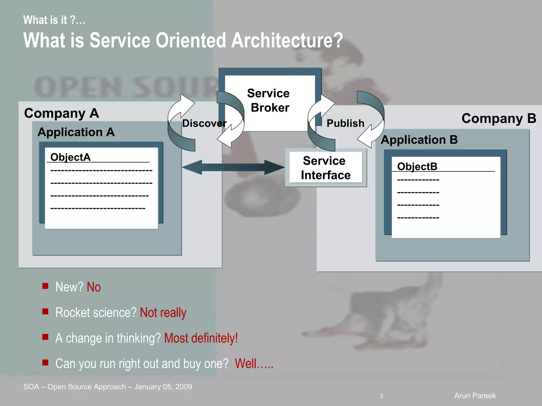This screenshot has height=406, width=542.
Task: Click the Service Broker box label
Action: (269, 100)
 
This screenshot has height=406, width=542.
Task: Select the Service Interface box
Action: (326, 168)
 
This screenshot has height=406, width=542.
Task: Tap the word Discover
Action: (204, 123)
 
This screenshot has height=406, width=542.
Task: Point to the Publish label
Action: (345, 123)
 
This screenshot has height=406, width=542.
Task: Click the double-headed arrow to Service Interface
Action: (233, 167)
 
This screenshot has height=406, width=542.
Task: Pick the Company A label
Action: (61, 113)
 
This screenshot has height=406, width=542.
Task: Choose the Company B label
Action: (499, 118)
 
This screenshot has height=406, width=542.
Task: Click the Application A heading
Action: (76, 132)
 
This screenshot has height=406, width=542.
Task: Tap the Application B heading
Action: (419, 140)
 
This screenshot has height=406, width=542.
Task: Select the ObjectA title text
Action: (70, 157)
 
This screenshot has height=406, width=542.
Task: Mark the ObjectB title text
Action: (417, 167)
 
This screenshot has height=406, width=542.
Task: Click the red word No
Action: (94, 287)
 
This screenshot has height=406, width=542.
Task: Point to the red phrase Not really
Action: (163, 313)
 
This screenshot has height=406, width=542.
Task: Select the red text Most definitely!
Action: (201, 338)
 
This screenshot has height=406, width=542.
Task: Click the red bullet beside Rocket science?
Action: (45, 311)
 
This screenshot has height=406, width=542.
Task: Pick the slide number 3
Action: (381, 396)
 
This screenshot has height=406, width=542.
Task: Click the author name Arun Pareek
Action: (475, 396)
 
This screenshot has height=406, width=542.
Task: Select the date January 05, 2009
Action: (163, 387)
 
